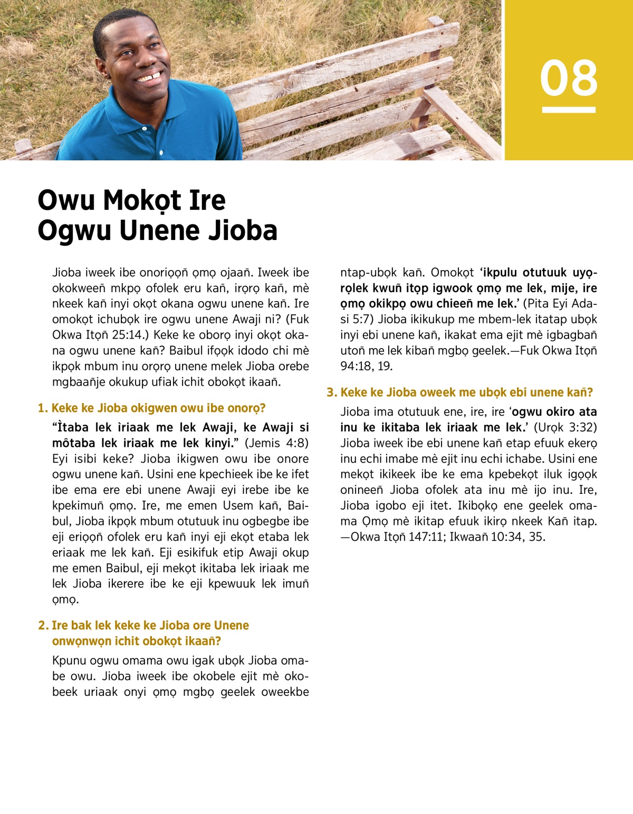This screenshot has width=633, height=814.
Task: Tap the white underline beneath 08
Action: coord(569,110)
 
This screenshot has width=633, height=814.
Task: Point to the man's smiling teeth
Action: coord(149,78)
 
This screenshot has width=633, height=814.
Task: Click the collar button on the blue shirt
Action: coord(145,128)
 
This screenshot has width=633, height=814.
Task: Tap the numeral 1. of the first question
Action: coord(43,408)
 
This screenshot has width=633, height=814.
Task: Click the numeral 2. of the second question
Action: coord(43,626)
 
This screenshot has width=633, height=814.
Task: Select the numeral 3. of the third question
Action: coord(332,392)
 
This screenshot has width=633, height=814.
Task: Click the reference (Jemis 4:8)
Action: coord(276,443)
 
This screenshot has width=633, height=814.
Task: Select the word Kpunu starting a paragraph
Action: coord(69,660)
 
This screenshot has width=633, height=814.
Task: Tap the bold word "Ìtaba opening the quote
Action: coord(71,427)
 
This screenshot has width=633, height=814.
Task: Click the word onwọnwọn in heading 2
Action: coord(81,641)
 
